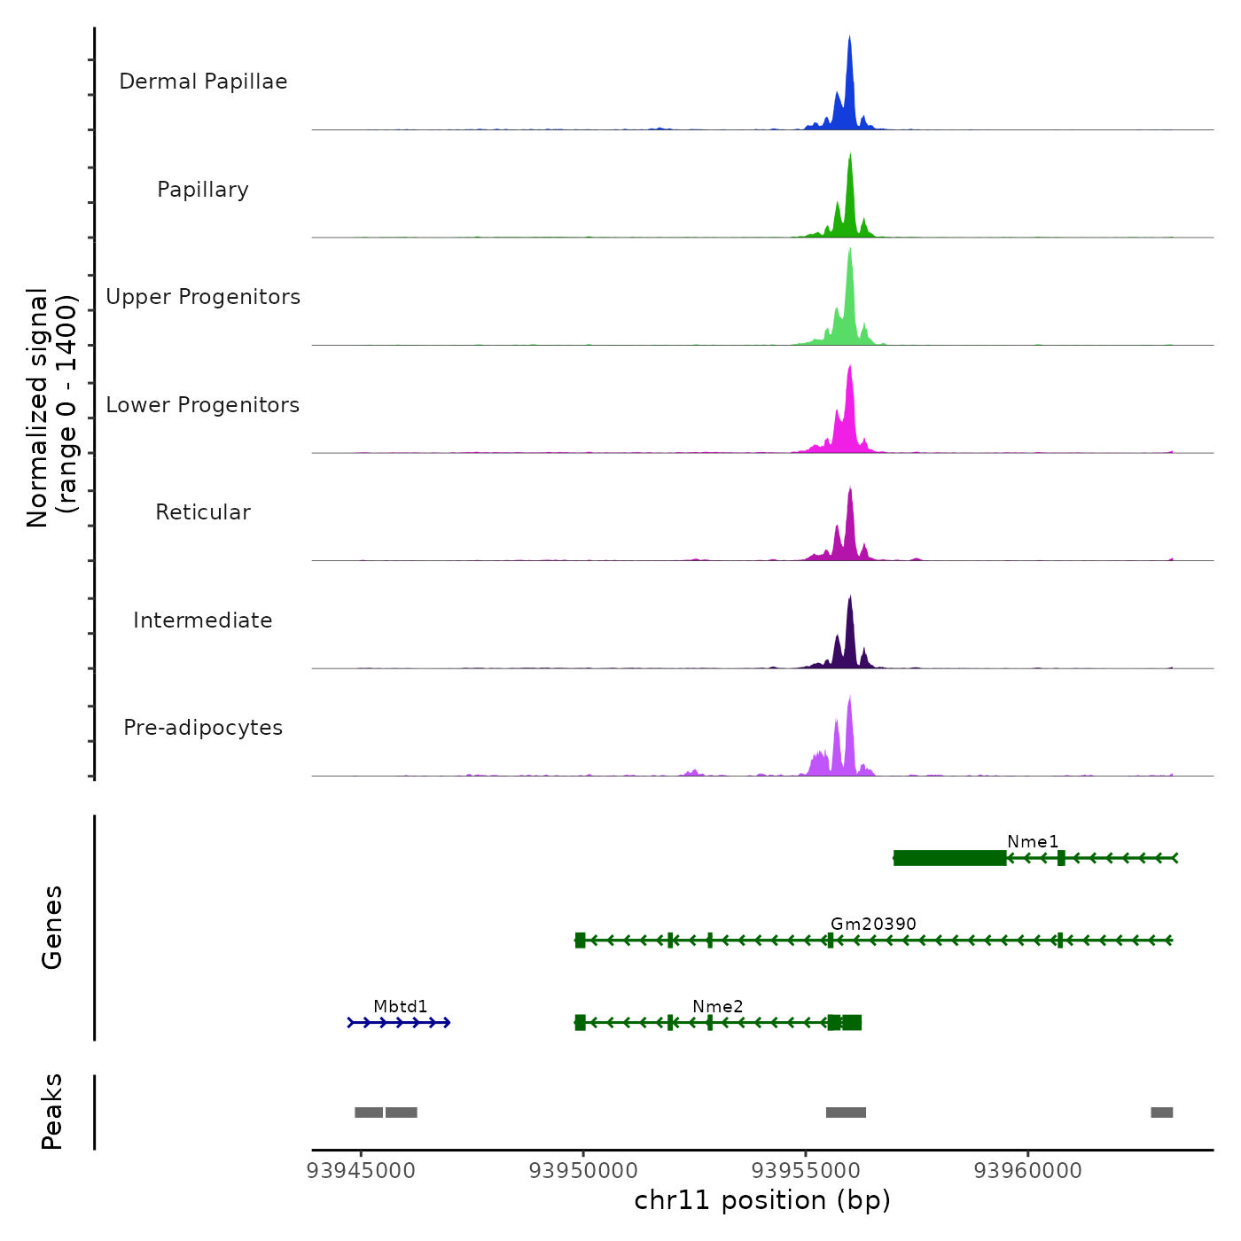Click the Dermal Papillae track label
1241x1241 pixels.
click(203, 82)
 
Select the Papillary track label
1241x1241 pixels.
click(203, 190)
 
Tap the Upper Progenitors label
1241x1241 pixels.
click(203, 297)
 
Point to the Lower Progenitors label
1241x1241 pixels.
click(203, 405)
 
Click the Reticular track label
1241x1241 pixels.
click(203, 512)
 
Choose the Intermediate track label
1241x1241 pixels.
click(203, 620)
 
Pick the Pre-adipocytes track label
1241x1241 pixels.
click(203, 728)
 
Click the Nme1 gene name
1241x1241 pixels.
click(1033, 842)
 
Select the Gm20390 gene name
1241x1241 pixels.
click(873, 924)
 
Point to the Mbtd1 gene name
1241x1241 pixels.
click(401, 1006)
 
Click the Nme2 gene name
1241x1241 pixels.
click(718, 1006)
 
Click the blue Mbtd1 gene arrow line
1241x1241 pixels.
click(399, 1023)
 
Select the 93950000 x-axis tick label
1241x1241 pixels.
click(583, 1171)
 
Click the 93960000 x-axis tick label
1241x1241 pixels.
click(1028, 1171)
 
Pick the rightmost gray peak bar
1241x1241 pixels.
click(1161, 1112)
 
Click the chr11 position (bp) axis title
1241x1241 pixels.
click(762, 1200)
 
